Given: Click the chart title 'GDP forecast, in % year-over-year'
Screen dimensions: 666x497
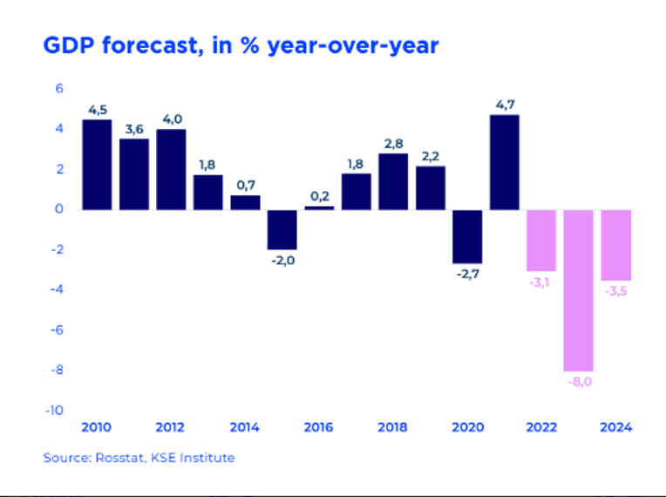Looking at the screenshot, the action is pyautogui.click(x=241, y=46).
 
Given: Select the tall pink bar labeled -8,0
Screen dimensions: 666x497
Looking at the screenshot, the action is pyautogui.click(x=579, y=290).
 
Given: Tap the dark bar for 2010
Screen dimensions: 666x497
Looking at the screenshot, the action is pyautogui.click(x=98, y=165).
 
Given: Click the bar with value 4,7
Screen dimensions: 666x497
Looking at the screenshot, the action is pyautogui.click(x=505, y=162).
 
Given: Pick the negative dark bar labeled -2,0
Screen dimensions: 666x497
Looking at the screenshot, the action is pyautogui.click(x=282, y=230).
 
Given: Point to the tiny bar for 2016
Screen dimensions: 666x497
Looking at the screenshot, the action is pyautogui.click(x=319, y=208).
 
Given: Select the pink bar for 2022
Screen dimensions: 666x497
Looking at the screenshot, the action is pyautogui.click(x=541, y=241).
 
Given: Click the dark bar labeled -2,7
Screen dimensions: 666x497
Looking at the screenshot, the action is pyautogui.click(x=467, y=236).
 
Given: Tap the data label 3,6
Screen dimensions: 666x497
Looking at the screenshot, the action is pyautogui.click(x=134, y=129).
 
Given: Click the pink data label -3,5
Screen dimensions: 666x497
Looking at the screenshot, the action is pyautogui.click(x=616, y=291).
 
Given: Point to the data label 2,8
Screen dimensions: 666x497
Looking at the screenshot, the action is pyautogui.click(x=394, y=144).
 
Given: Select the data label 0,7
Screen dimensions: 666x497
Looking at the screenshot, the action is pyautogui.click(x=246, y=186).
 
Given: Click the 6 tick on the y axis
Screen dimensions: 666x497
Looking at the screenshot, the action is pyautogui.click(x=59, y=88).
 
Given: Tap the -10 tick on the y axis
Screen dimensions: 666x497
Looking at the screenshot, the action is pyautogui.click(x=54, y=411).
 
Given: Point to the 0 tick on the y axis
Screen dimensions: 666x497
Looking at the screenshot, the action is pyautogui.click(x=59, y=209).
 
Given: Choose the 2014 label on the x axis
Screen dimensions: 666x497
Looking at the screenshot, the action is pyautogui.click(x=245, y=427).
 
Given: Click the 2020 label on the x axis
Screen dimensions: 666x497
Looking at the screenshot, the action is pyautogui.click(x=467, y=427).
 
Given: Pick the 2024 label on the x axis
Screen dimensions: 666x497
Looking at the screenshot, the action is pyautogui.click(x=616, y=427).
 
